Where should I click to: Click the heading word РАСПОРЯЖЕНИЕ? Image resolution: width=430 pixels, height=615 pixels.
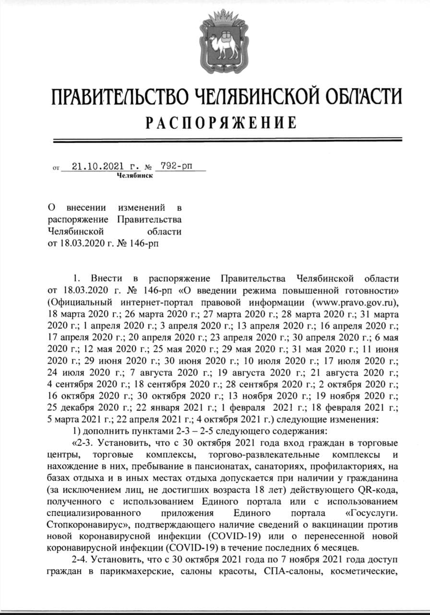click(x=221, y=123)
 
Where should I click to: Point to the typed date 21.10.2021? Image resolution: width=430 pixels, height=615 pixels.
click(x=92, y=167)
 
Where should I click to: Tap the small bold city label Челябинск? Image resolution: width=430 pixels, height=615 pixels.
click(x=135, y=176)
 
